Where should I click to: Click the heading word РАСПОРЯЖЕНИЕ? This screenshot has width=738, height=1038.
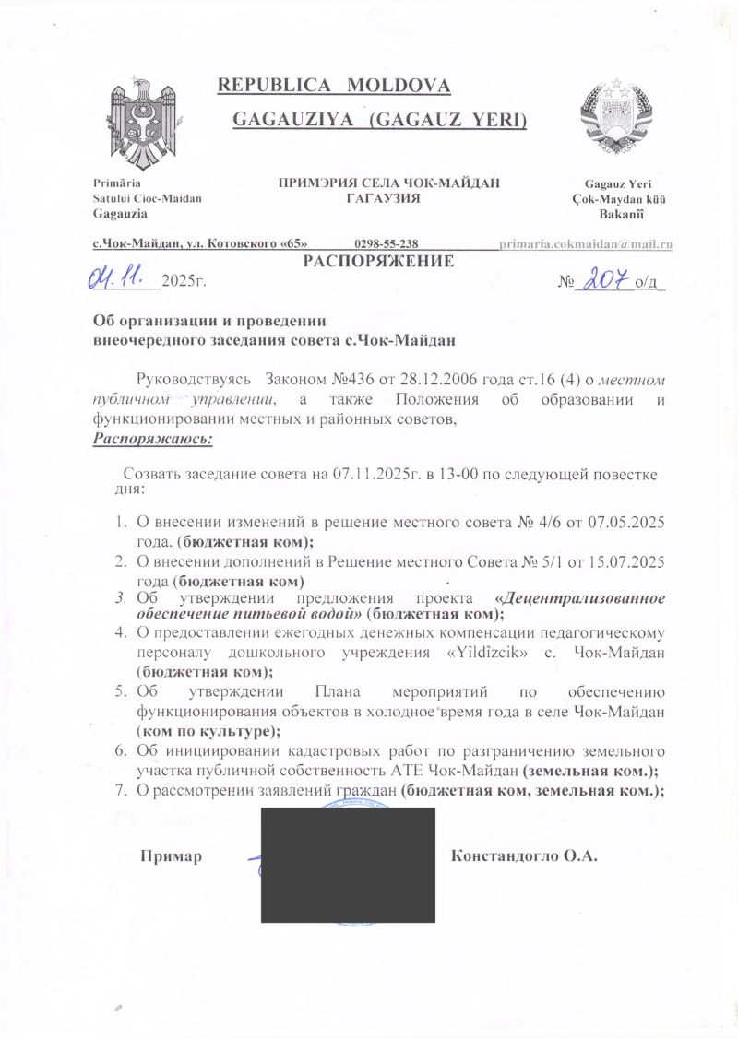coord(378,261)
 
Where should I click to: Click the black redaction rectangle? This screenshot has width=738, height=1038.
coord(348,865)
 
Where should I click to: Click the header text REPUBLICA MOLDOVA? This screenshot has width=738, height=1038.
coord(333,87)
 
